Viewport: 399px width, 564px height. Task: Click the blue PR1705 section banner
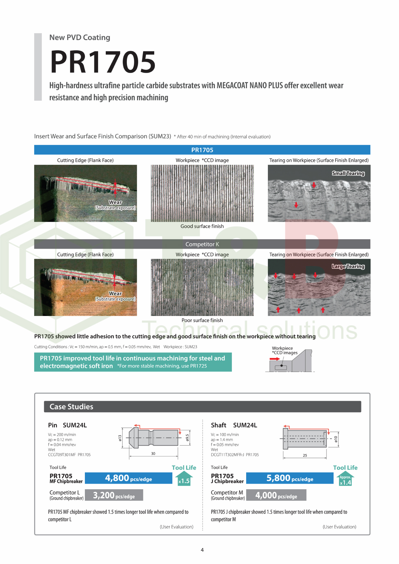202,150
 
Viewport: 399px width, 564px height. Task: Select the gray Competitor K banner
202,244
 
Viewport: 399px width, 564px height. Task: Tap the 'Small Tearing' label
348,173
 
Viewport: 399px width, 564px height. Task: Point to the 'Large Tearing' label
348,266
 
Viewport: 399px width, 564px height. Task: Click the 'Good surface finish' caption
202,226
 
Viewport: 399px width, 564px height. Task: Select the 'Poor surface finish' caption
202,320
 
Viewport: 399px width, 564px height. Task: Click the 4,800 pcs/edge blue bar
128,478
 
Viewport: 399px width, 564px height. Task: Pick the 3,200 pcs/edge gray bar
114,495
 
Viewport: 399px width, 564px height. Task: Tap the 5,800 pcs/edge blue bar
290,478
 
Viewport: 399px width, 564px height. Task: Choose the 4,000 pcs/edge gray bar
276,495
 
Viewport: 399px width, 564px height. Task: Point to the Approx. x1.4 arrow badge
345,479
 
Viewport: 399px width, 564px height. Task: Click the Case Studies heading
71,407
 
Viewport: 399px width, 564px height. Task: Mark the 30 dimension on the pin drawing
153,454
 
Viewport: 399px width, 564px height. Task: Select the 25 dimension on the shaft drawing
305,455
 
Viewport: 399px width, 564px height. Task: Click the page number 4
202,550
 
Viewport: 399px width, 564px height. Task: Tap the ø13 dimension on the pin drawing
120,438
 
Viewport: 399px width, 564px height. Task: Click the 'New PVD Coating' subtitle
80,37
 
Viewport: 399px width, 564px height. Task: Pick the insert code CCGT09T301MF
62,455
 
